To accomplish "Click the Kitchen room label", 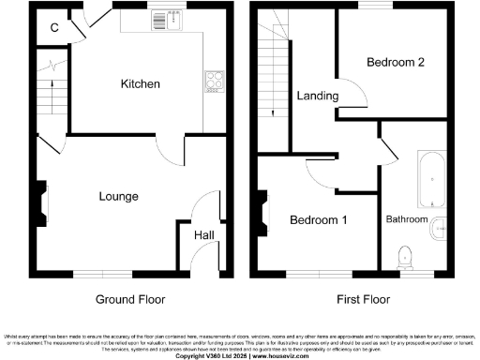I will [x=141, y=83].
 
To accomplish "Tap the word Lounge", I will [x=119, y=197].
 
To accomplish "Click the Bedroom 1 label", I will [x=318, y=220].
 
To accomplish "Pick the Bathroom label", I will [x=407, y=219].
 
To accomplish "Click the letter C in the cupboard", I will [x=54, y=26].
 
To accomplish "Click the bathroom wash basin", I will [x=439, y=230].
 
